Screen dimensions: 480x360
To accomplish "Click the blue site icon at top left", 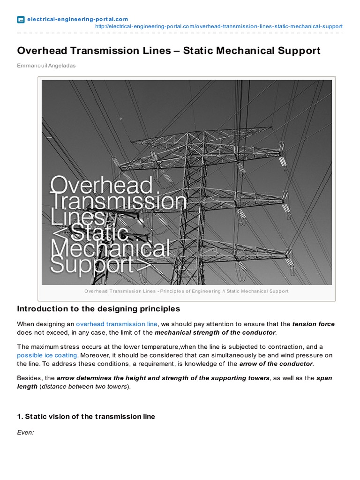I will (21, 19).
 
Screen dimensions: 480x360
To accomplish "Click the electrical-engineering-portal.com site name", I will (77, 19).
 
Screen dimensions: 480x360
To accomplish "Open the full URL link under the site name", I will (218, 26).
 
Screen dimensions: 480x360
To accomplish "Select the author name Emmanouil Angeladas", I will (46, 66).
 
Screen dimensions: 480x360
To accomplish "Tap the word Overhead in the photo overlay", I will (101, 186).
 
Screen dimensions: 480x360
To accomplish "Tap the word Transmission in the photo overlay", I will (120, 202).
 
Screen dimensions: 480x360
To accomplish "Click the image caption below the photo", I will (187, 291).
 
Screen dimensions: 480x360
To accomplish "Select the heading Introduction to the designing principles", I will (98, 309).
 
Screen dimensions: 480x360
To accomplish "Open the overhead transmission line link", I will (117, 324).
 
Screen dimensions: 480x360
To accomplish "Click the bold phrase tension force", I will (313, 324).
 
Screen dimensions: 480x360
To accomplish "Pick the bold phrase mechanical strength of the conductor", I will (215, 332).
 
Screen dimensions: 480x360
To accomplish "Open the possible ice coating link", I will (47, 355).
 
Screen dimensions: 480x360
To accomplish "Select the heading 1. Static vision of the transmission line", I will (86, 416).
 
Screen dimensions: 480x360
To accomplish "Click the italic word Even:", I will (25, 433).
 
